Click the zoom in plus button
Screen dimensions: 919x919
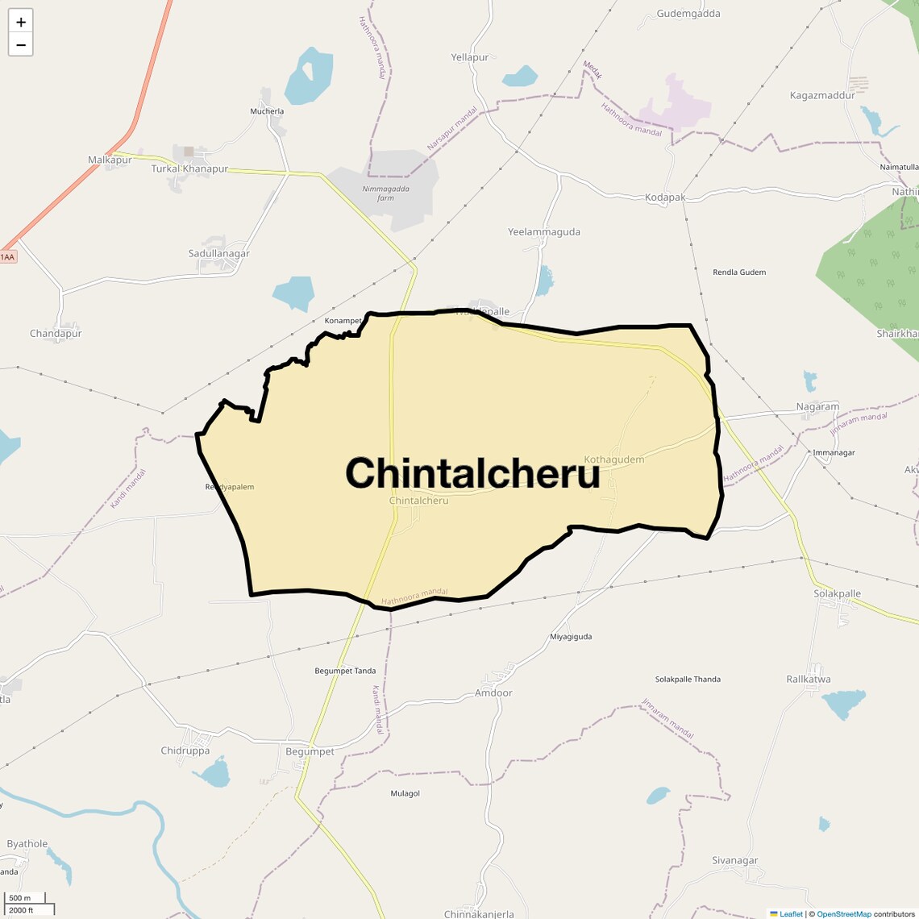click(x=21, y=22)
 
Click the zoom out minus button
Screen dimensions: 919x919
click(x=21, y=45)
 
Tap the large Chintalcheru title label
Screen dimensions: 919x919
click(x=472, y=472)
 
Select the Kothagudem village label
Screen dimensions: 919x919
click(x=614, y=459)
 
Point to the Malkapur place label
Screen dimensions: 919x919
click(x=110, y=160)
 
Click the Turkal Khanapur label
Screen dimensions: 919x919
click(x=189, y=169)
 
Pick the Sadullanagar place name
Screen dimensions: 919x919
click(x=219, y=253)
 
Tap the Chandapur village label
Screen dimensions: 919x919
click(x=56, y=334)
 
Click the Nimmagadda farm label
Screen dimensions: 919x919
click(x=386, y=193)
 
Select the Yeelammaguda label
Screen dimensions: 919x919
click(x=544, y=232)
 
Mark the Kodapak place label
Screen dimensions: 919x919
click(x=665, y=198)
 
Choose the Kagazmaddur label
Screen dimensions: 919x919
click(x=822, y=95)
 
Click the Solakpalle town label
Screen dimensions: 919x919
click(x=838, y=594)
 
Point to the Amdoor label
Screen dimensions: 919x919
click(x=493, y=693)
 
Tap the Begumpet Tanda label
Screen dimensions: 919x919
click(x=345, y=671)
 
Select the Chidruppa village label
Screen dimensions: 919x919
click(x=185, y=751)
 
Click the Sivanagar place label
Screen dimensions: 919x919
click(x=735, y=861)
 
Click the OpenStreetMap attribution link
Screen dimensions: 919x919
click(x=843, y=914)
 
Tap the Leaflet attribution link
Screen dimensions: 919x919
click(x=791, y=914)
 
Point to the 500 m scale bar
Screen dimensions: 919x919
click(x=25, y=898)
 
